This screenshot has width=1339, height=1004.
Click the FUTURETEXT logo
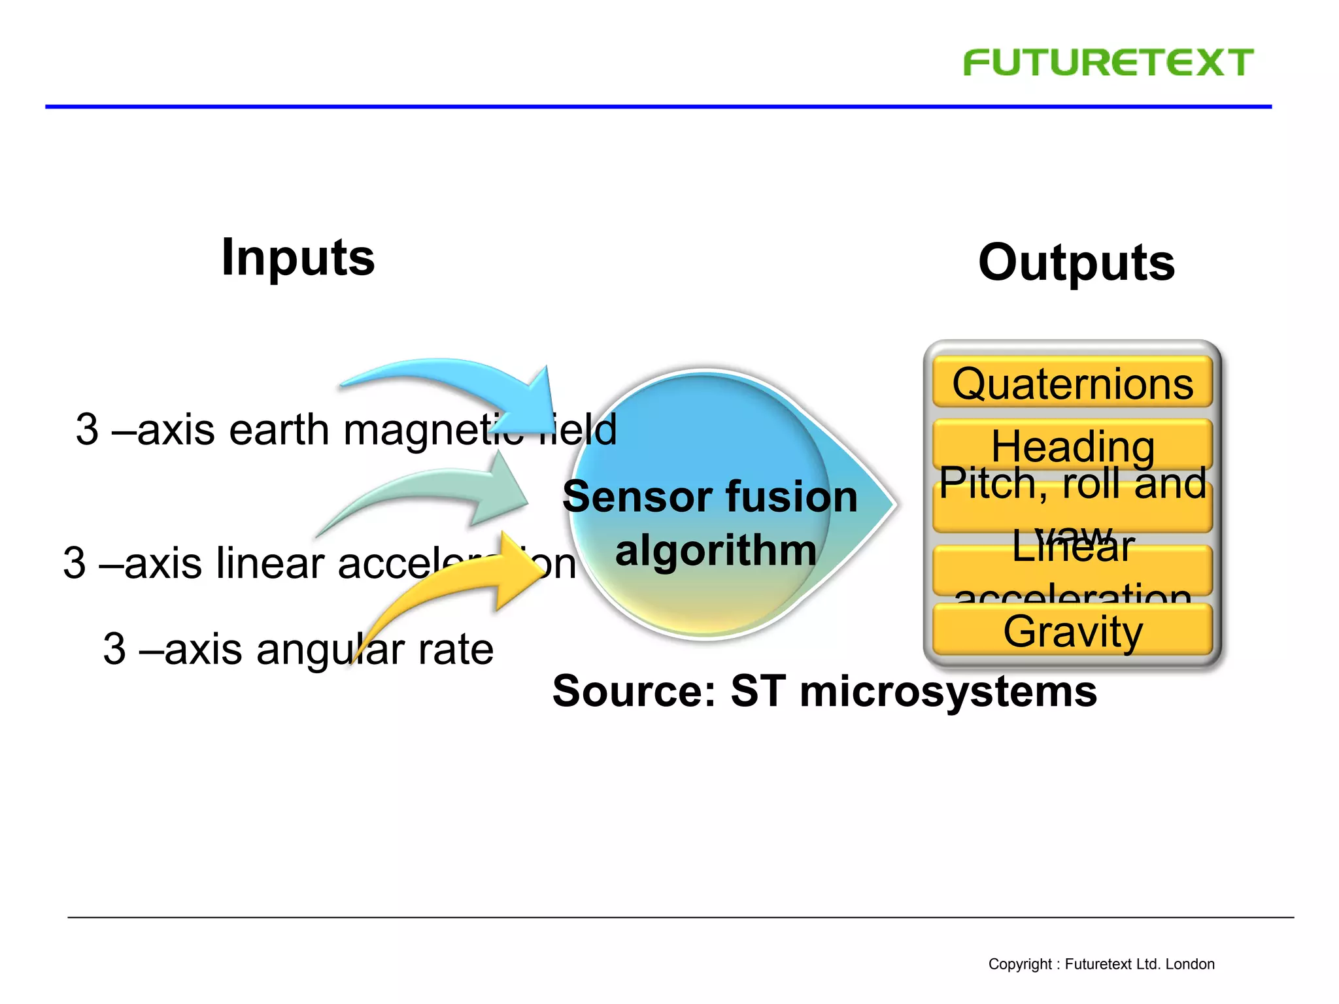pos(1108,63)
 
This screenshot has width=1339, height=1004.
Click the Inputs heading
pos(298,258)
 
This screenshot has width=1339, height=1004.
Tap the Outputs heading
pos(1076,263)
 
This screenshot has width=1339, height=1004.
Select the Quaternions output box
pos(1072,384)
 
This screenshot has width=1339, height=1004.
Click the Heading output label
pos(1072,446)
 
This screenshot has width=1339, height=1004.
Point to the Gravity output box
pos(1072,631)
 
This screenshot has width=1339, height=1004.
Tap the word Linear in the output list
pos(1072,548)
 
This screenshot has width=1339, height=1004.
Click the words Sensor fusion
pos(709,497)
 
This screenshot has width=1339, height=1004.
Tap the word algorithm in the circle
pos(716,550)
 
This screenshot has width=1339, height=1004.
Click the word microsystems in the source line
pos(948,692)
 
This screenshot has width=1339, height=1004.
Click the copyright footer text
pos(1101,964)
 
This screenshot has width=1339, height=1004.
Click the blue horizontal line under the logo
pos(654,106)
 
